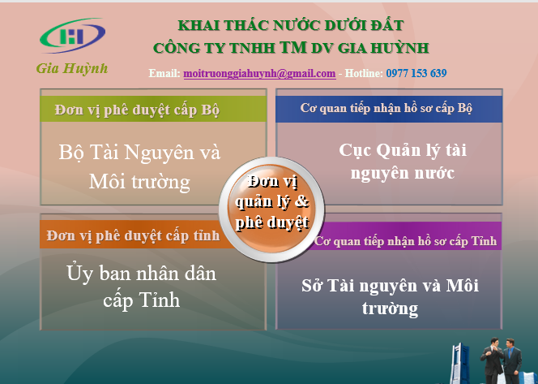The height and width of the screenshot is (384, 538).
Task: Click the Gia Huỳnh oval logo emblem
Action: click(72, 36)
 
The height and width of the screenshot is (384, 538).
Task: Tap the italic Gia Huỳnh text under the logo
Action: click(72, 68)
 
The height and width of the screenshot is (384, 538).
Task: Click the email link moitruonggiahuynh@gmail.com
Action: click(259, 73)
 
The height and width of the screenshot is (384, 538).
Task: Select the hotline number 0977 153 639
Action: click(416, 73)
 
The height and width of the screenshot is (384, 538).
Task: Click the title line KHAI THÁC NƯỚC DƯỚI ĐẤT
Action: click(291, 26)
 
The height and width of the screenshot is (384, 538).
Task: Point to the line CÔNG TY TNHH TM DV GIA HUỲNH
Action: click(291, 47)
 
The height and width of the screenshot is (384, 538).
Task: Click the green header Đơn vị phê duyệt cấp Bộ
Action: click(153, 109)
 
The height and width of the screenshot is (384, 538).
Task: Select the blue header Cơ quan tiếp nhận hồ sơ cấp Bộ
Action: click(389, 109)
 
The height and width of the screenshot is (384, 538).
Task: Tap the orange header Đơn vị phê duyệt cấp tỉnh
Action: click(132, 235)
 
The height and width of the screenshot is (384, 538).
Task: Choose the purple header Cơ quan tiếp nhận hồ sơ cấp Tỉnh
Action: click(405, 240)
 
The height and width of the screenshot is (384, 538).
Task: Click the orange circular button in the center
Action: click(271, 209)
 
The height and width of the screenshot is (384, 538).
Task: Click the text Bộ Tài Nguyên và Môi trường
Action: click(139, 166)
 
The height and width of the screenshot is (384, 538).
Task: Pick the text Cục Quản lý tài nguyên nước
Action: click(403, 162)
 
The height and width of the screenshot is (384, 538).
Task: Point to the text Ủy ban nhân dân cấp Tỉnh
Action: click(141, 287)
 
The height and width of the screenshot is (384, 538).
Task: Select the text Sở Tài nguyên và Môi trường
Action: click(390, 296)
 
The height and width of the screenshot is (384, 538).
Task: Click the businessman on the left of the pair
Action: click(492, 361)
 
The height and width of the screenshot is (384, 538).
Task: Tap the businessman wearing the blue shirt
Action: click(512, 361)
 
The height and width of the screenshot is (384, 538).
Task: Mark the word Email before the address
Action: click(164, 73)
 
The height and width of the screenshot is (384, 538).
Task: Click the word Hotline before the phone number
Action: click(364, 73)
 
